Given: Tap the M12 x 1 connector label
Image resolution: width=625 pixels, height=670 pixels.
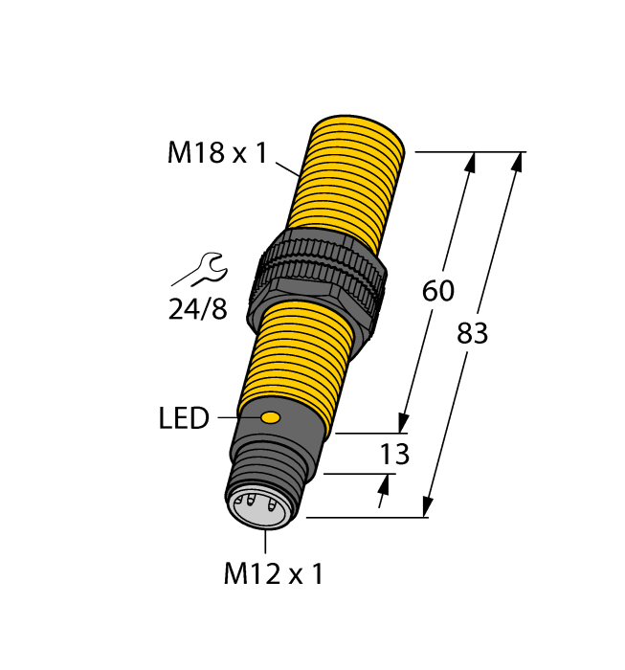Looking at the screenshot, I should tap(273, 574).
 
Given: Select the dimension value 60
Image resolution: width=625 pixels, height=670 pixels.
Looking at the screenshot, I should tap(437, 291).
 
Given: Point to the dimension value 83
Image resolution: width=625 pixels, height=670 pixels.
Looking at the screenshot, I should tap(472, 334).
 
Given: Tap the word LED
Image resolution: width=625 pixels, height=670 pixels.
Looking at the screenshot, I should tap(184, 418).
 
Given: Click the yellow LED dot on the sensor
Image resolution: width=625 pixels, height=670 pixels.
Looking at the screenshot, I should tap(271, 417).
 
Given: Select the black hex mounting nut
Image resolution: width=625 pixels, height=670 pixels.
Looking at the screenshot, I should tap(318, 278).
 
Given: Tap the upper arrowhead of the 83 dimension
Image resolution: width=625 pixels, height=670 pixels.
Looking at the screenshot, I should tap(518, 162).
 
